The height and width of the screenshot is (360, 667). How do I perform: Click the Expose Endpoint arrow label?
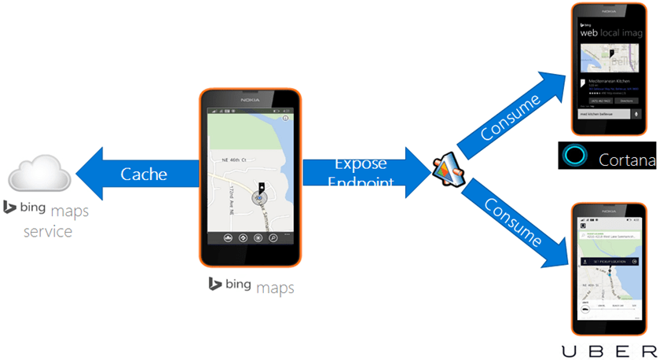[x=361, y=174]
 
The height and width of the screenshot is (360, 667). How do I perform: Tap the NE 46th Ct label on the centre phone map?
[x=232, y=160]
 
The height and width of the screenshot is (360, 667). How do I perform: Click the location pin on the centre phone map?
[x=262, y=189]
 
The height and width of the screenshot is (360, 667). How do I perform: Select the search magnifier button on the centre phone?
[x=273, y=237]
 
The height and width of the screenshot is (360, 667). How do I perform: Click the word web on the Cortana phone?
[x=589, y=33]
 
